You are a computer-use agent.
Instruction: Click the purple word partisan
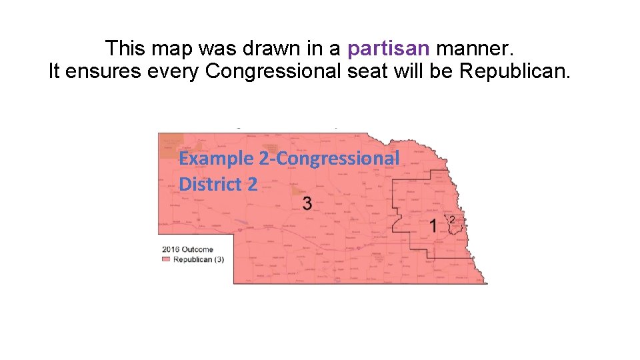(x=389, y=48)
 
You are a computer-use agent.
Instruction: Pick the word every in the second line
(x=174, y=71)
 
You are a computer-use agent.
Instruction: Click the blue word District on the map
(x=206, y=184)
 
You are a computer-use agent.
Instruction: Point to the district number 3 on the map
(x=307, y=203)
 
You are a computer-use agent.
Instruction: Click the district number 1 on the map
(x=433, y=225)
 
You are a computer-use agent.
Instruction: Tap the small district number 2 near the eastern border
(x=453, y=220)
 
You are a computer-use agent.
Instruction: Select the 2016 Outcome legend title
(x=188, y=249)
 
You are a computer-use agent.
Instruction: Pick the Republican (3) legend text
(x=199, y=259)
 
